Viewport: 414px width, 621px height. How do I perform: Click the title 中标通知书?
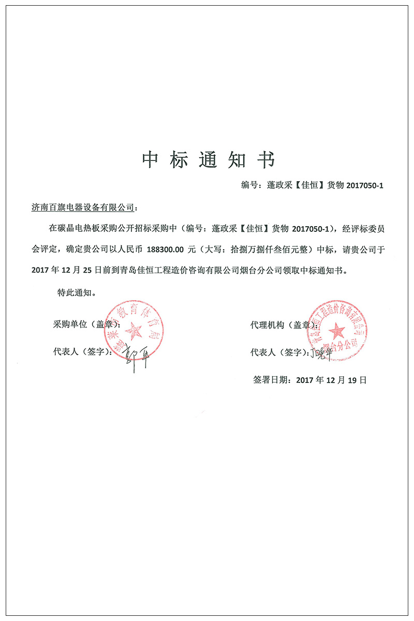(x=208, y=160)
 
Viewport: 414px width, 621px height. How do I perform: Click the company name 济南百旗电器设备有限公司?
(x=83, y=208)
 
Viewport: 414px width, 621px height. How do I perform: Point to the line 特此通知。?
(x=76, y=292)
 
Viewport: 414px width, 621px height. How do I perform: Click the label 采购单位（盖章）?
(x=86, y=324)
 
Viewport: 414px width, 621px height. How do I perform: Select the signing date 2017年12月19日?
(x=331, y=380)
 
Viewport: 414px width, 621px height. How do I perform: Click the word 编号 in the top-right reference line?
(x=249, y=185)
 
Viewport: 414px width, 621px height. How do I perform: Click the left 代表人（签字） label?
(x=82, y=352)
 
